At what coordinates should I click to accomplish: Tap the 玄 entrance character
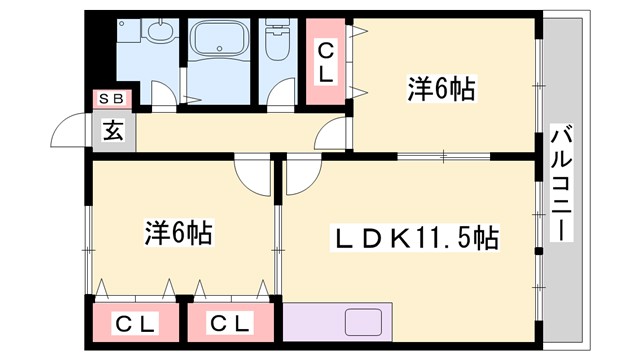112,130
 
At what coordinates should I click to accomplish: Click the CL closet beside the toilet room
326,61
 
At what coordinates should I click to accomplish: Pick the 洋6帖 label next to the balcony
440,89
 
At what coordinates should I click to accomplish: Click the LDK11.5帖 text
415,238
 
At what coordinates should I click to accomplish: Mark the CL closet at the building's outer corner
134,323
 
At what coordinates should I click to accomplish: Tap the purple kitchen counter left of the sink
312,324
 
